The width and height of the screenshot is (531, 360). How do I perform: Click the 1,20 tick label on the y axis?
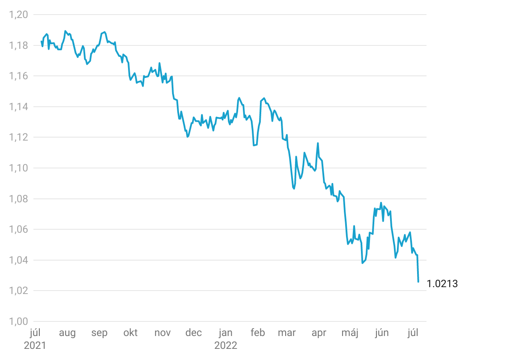click(x=18, y=15)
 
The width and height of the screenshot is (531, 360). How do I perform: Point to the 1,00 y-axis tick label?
click(x=18, y=322)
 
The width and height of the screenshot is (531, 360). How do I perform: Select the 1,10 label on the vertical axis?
click(x=18, y=168)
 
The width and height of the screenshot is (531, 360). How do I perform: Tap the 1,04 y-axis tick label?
click(x=18, y=261)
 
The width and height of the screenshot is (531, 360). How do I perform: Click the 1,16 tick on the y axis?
click(x=18, y=76)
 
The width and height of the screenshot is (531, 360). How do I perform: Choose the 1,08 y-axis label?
click(x=18, y=199)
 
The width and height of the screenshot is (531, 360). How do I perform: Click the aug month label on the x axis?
click(x=67, y=333)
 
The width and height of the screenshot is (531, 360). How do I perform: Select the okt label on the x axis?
click(x=131, y=333)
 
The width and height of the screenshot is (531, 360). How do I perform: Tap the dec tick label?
click(x=194, y=333)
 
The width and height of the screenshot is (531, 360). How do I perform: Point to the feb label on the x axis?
click(x=258, y=333)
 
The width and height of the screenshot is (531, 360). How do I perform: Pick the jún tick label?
click(x=382, y=333)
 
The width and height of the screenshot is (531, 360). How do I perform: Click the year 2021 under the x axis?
click(x=35, y=345)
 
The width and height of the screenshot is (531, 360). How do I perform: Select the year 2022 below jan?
click(x=226, y=345)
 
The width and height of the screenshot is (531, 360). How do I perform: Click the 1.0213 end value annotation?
click(x=442, y=284)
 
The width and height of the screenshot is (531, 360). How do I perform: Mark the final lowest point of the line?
click(x=418, y=282)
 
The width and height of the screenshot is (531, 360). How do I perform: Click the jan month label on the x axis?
click(x=226, y=333)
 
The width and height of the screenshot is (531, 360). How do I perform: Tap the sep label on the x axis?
click(x=99, y=333)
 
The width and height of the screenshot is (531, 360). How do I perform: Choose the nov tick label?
click(x=162, y=333)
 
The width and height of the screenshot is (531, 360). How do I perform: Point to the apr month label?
click(x=319, y=333)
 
